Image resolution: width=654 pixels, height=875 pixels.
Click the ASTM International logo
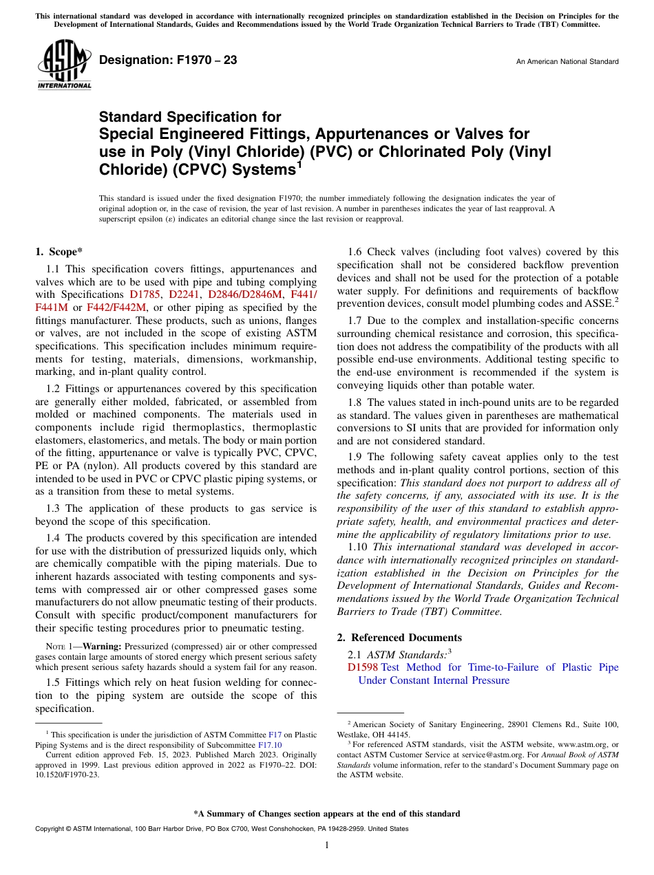click(64, 66)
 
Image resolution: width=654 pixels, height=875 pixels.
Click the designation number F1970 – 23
click(168, 60)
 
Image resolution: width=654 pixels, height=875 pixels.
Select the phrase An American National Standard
click(567, 62)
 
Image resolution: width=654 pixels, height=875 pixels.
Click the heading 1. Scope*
click(59, 252)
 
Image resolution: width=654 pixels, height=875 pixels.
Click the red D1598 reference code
click(363, 667)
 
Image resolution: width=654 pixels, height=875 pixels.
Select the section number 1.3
click(54, 508)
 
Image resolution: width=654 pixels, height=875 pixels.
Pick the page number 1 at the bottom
click(327, 845)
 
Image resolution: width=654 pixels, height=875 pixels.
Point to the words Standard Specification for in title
click(190, 118)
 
